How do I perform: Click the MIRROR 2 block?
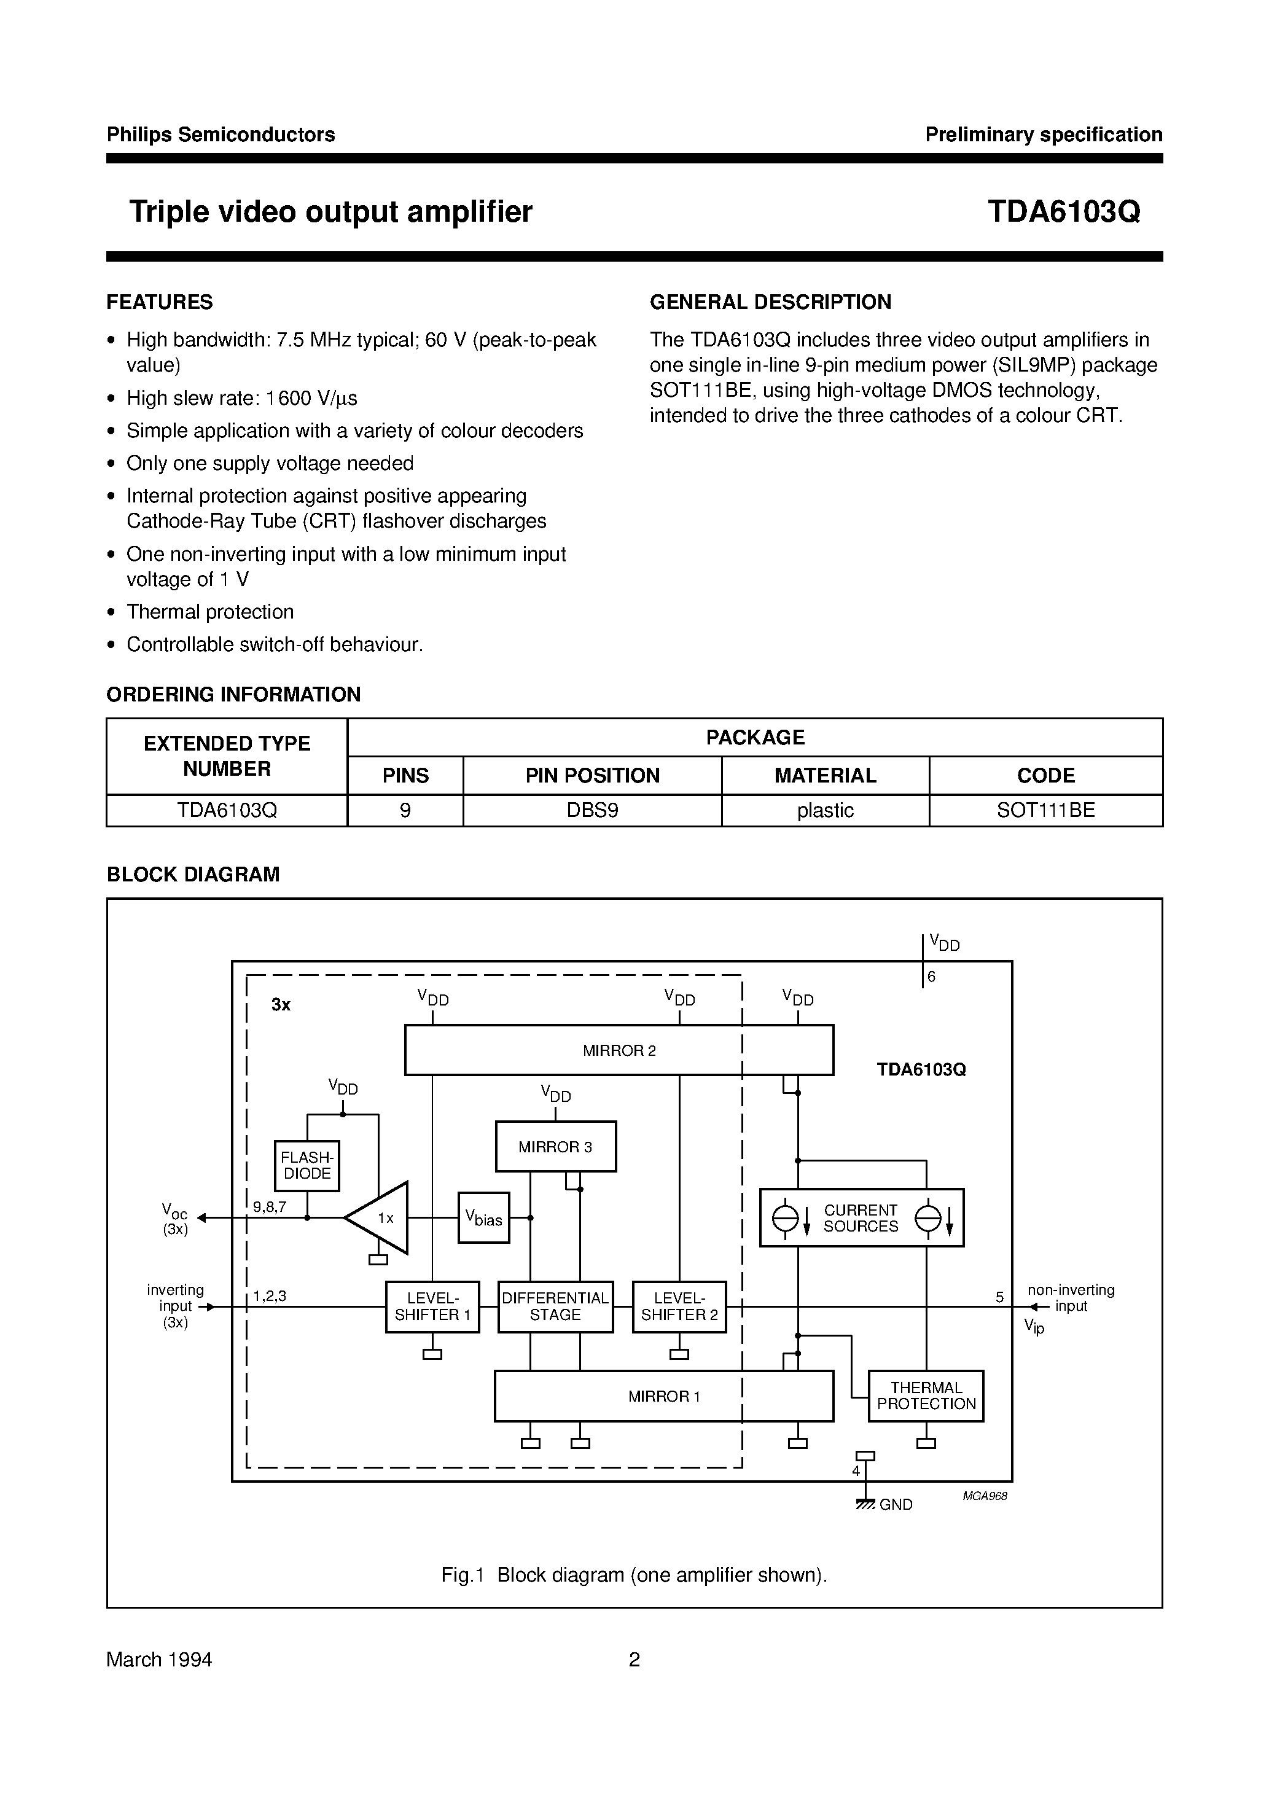coord(618,1050)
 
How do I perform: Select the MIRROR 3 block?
coord(555,1147)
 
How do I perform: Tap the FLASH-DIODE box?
coord(307,1166)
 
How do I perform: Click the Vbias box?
coord(483,1218)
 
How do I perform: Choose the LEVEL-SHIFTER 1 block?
coord(432,1307)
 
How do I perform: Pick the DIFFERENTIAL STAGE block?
coord(555,1307)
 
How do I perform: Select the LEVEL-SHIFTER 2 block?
coord(679,1307)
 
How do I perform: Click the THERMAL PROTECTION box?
coord(926,1396)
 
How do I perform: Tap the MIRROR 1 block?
coord(663,1396)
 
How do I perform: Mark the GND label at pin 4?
coord(896,1505)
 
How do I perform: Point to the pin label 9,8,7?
coord(270,1207)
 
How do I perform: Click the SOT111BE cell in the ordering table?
coord(1045,810)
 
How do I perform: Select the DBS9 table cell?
coord(592,810)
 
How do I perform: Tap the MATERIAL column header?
coord(825,775)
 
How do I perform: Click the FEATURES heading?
coord(160,302)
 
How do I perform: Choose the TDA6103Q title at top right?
coord(1063,212)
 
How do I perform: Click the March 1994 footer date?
coord(160,1660)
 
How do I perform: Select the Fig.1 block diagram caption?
coord(634,1575)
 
